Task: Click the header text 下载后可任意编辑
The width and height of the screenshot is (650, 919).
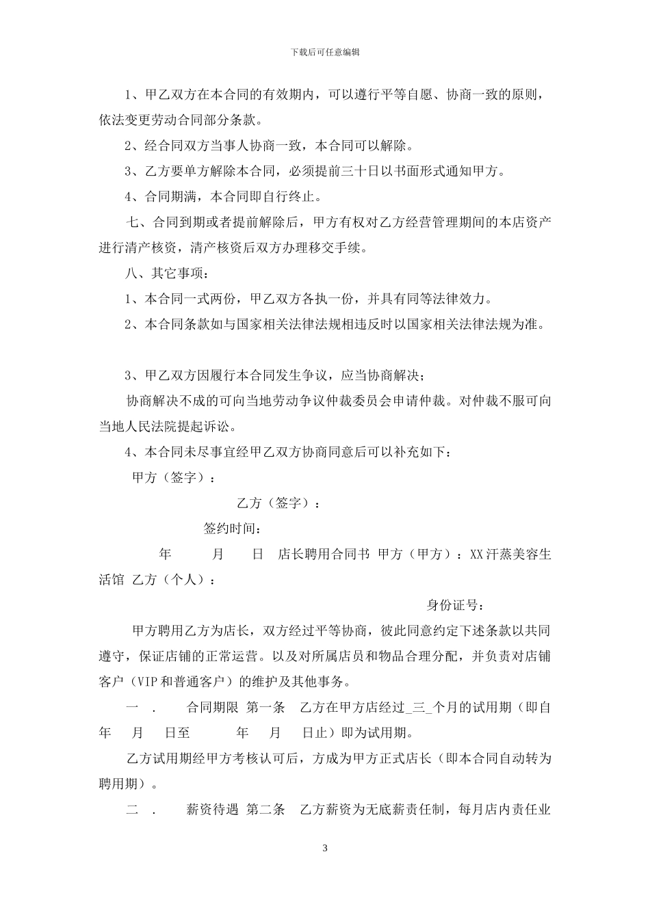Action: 325,51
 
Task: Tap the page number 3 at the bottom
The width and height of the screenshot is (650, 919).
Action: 325,849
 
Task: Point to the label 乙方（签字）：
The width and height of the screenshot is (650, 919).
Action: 278,503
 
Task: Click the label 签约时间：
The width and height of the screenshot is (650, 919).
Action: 232,529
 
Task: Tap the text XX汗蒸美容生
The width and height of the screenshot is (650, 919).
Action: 510,554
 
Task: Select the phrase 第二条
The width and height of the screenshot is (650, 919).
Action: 264,810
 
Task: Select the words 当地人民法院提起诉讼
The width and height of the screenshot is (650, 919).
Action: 168,427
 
